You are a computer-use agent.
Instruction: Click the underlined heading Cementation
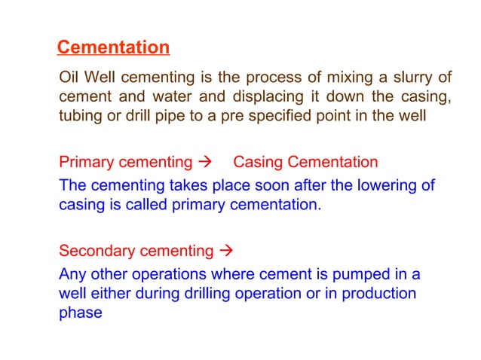point(113,48)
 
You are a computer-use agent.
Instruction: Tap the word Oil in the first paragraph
point(69,78)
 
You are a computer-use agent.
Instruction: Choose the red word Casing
point(256,162)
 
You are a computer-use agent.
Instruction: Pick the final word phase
point(80,313)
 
